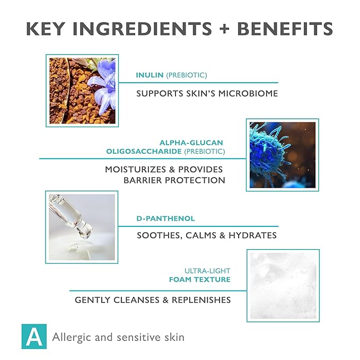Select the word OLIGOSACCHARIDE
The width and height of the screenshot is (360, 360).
pos(139,152)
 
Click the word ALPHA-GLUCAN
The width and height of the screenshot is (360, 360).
pos(191,142)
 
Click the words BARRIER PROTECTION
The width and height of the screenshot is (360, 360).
pos(174,180)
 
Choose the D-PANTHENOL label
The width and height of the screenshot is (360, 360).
pos(165,218)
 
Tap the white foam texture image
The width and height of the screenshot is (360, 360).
pos(283,285)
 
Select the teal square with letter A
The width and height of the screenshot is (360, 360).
pos(33,336)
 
